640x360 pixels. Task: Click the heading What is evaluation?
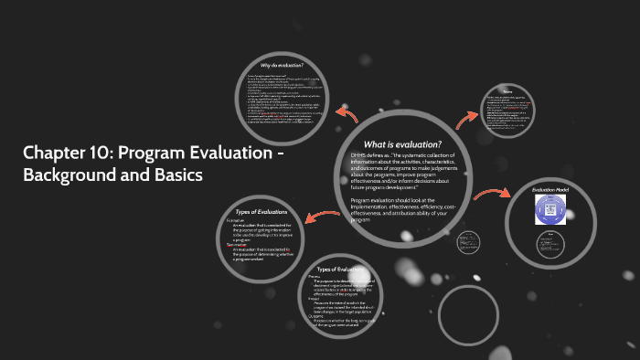(402, 144)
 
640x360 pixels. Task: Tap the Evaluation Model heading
(550, 191)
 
